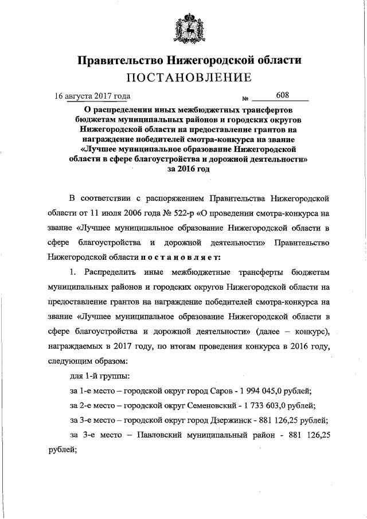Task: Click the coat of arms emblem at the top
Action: (183, 29)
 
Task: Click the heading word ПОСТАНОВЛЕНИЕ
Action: (183, 77)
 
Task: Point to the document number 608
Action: (282, 95)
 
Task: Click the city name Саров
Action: (218, 391)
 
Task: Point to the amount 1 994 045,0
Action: (258, 391)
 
